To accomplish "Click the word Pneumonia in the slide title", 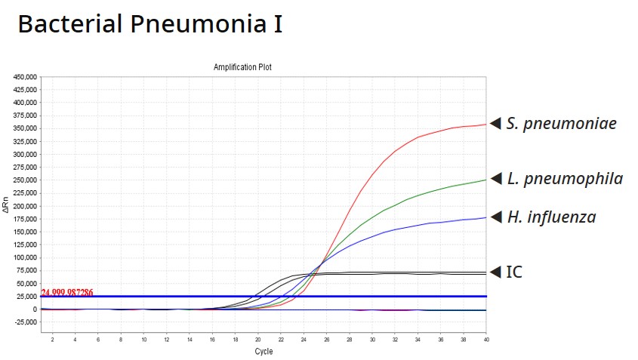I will pos(194,25).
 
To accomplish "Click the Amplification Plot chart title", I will pos(242,67).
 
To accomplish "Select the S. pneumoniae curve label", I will pos(561,123).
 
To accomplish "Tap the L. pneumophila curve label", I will pos(565,179).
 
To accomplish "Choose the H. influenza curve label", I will pos(551,217).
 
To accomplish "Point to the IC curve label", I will pos(513,272).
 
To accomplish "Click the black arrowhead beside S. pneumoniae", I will pos(495,123).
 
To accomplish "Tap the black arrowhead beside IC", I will pos(495,272).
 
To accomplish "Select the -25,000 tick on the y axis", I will pos(25,322).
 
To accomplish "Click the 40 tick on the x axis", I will pos(485,340).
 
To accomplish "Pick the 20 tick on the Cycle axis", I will pos(257,340).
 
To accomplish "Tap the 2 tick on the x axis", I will pos(52,340).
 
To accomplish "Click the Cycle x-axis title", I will pos(264,352).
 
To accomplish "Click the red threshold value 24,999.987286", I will pos(67,292).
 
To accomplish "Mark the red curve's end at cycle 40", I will pos(485,125).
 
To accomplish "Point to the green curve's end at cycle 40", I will pos(485,180).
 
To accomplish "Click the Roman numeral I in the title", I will pos(278,25).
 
